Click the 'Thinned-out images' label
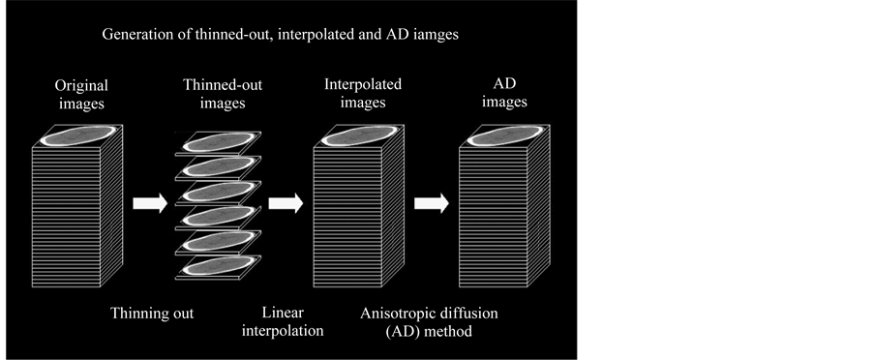(x=222, y=94)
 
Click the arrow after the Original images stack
(x=149, y=204)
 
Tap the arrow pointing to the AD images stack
(x=431, y=204)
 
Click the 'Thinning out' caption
(x=152, y=314)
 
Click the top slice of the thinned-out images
(x=218, y=141)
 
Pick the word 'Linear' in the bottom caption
(x=284, y=314)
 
